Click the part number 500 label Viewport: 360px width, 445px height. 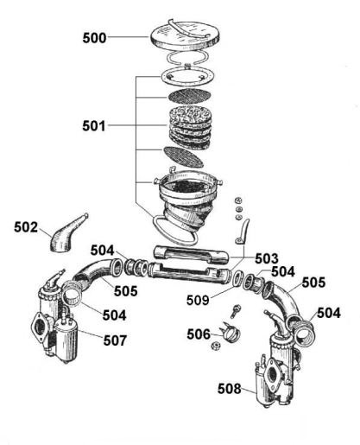[94, 38]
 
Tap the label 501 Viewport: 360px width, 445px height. [94, 126]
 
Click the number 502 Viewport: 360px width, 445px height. [26, 227]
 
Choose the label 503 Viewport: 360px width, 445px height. [267, 258]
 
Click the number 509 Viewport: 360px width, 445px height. [198, 300]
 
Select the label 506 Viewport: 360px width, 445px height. [199, 334]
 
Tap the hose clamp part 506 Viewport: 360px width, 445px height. [231, 333]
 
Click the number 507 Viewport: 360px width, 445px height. [115, 340]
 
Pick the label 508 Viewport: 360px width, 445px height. [230, 389]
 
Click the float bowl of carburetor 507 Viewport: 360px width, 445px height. [66, 341]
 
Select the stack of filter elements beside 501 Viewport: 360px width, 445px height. [191, 127]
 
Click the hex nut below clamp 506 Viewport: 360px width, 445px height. [216, 346]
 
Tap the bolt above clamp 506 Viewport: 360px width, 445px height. [236, 311]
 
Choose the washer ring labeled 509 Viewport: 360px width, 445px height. [237, 278]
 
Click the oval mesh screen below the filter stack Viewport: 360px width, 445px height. [183, 156]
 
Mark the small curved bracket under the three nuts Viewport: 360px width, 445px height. [243, 232]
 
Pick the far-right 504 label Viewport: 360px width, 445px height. [329, 313]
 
